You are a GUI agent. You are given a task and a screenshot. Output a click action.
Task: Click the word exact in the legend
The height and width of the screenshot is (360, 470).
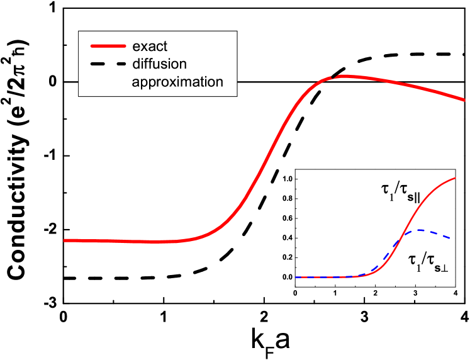pyautogui.click(x=150, y=47)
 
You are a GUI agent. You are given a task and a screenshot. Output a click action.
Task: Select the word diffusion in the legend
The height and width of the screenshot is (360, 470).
pyautogui.click(x=160, y=64)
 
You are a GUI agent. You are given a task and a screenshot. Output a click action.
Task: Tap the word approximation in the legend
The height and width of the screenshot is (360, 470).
pyautogui.click(x=177, y=82)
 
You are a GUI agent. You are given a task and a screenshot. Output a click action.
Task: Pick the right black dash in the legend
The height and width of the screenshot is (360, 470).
pyautogui.click(x=118, y=64)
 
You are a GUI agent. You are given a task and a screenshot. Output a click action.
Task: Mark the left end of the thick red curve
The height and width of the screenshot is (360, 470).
pyautogui.click(x=65, y=240)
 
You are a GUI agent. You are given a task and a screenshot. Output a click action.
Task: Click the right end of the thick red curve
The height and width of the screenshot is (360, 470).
pyautogui.click(x=464, y=99)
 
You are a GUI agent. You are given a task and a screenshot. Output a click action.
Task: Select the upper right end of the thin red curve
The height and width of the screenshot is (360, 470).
pyautogui.click(x=456, y=178)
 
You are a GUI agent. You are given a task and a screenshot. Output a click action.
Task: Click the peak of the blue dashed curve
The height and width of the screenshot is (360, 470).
pyautogui.click(x=418, y=230)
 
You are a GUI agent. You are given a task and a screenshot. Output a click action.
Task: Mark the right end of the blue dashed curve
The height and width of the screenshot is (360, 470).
pyautogui.click(x=450, y=238)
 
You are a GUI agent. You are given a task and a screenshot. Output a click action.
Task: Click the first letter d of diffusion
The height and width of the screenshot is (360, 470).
pyautogui.click(x=136, y=64)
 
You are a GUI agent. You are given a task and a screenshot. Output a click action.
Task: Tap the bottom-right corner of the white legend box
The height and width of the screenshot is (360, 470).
pyautogui.click(x=237, y=96)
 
